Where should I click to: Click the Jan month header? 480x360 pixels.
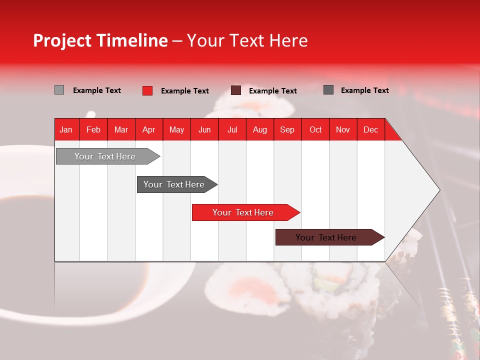click(66, 129)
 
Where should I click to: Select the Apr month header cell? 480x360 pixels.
click(149, 129)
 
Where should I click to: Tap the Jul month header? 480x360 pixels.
click(232, 129)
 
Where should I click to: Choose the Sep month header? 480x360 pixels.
click(287, 129)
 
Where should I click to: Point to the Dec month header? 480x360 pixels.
click(370, 129)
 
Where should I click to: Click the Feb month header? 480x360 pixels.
click(93, 129)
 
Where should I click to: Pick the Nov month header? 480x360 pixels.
click(343, 129)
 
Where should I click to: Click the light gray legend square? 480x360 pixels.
click(59, 90)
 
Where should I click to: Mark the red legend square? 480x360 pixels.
click(147, 90)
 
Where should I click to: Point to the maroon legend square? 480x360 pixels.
click(236, 90)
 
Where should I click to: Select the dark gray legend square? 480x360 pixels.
click(328, 90)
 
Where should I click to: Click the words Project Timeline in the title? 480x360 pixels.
click(100, 40)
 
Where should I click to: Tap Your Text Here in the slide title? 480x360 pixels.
click(247, 40)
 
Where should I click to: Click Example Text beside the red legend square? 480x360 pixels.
click(185, 91)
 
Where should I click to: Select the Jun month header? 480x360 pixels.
click(204, 129)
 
